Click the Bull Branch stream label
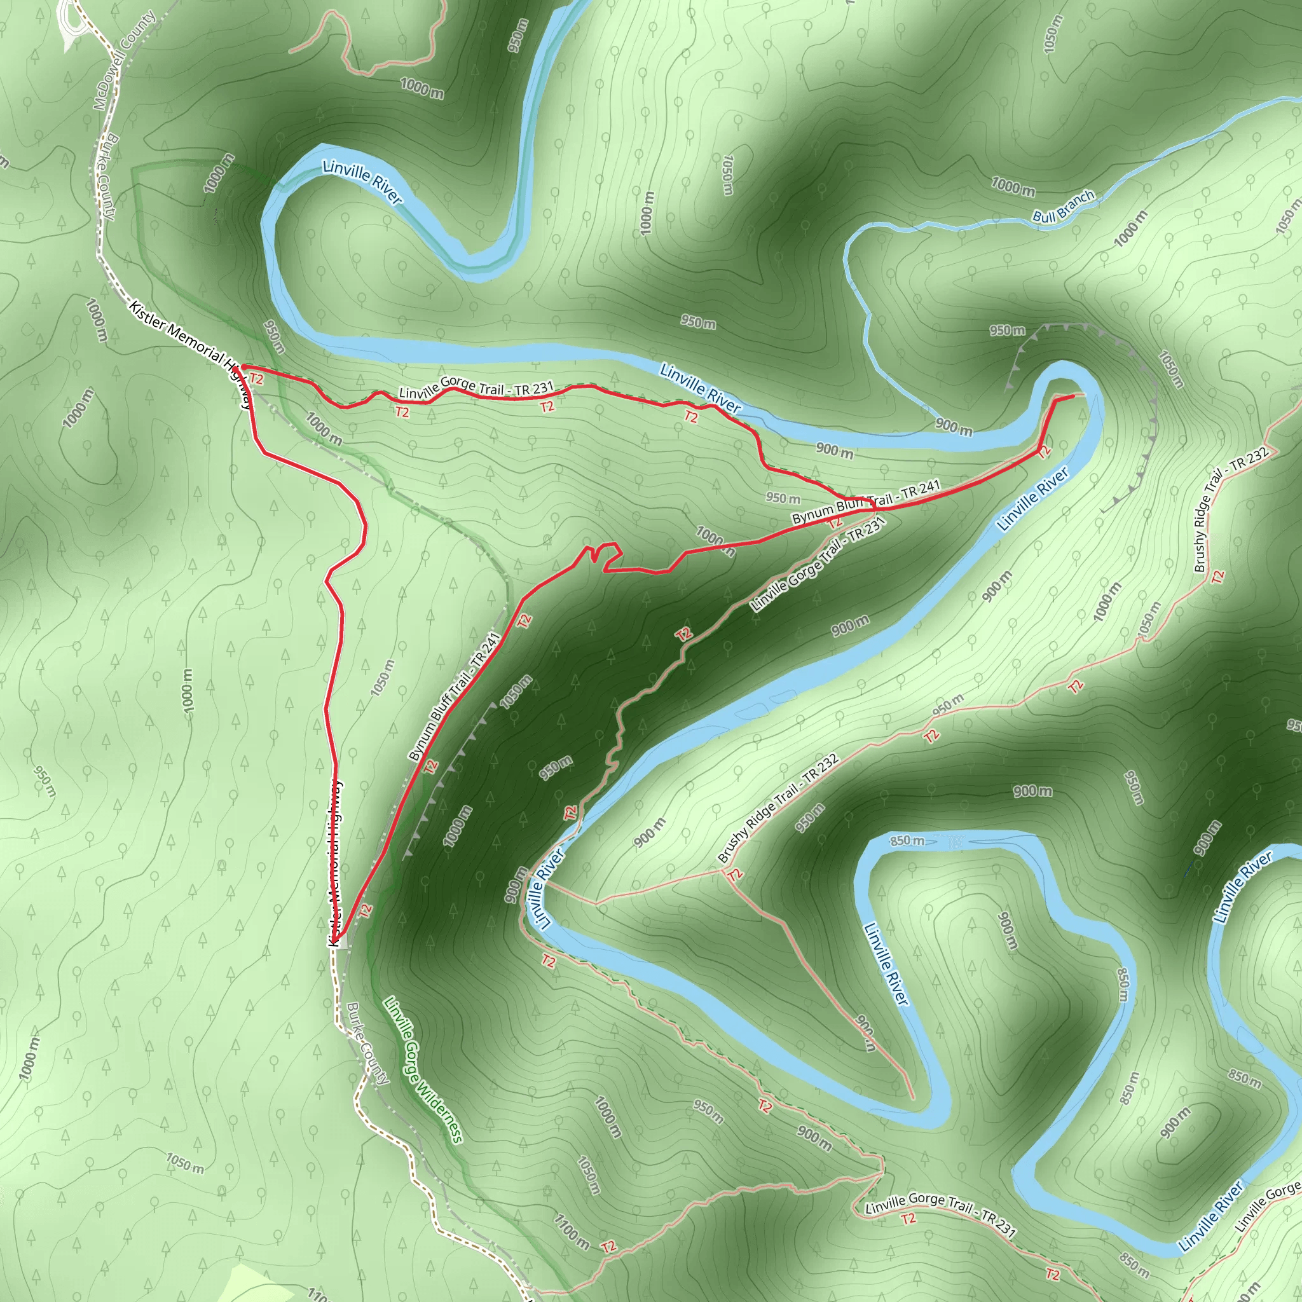[x=1064, y=207]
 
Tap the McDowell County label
[x=124, y=60]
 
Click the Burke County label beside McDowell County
[x=103, y=177]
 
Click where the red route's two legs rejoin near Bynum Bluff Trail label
[x=874, y=507]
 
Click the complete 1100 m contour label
[x=572, y=1231]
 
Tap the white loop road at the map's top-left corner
[x=71, y=24]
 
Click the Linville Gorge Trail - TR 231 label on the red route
[x=476, y=390]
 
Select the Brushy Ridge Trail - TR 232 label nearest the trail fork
[x=778, y=808]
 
